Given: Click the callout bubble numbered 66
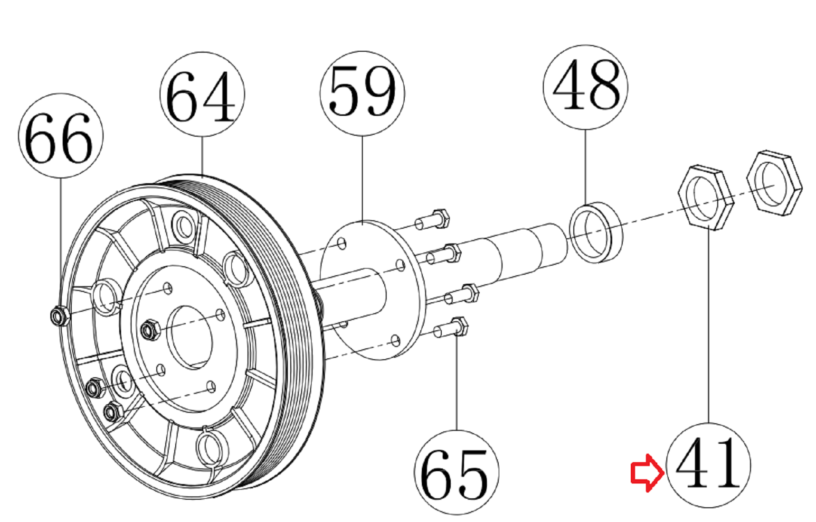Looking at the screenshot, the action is pyautogui.click(x=60, y=136).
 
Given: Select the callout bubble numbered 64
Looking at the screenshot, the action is pyautogui.click(x=202, y=95).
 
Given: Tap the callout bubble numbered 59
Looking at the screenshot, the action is pyautogui.click(x=362, y=93).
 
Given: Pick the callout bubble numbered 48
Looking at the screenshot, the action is pyautogui.click(x=585, y=87).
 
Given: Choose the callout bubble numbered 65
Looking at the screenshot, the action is pyautogui.click(x=456, y=472).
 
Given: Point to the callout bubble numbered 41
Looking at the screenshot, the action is pyautogui.click(x=708, y=465).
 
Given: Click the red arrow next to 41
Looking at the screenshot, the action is pyautogui.click(x=646, y=473).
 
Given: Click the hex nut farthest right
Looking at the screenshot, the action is pyautogui.click(x=774, y=183).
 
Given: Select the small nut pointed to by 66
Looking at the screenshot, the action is pyautogui.click(x=59, y=315).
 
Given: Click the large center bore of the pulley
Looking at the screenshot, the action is pyautogui.click(x=190, y=337).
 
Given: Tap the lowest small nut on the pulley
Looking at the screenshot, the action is pyautogui.click(x=113, y=411).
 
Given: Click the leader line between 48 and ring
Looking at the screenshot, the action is pyautogui.click(x=585, y=166).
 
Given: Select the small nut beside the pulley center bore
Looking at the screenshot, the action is pyautogui.click(x=150, y=329).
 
